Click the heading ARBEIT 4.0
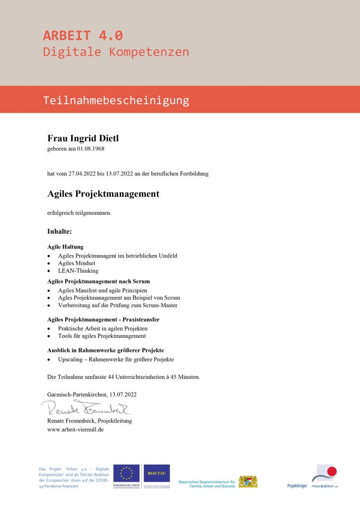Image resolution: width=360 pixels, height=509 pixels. pyautogui.click(x=83, y=36)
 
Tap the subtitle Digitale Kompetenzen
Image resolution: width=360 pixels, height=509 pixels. pyautogui.click(x=116, y=52)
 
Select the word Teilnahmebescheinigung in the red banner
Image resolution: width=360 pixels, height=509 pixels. pyautogui.click(x=116, y=100)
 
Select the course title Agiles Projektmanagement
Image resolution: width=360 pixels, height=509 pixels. pyautogui.click(x=103, y=194)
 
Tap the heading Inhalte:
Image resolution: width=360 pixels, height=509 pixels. pyautogui.click(x=60, y=232)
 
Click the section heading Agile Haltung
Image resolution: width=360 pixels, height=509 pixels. pyautogui.click(x=66, y=247)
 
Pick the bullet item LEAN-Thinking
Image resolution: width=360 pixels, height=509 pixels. pyautogui.click(x=78, y=271)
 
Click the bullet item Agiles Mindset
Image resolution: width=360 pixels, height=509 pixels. pyautogui.click(x=77, y=263)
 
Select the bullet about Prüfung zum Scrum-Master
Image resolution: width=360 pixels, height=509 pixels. pyautogui.click(x=117, y=305)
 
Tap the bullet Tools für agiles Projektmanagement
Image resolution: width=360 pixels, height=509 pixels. pyautogui.click(x=101, y=336)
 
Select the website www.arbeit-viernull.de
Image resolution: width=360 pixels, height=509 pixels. pyautogui.click(x=75, y=429)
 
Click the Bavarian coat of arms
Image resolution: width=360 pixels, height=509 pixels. pyautogui.click(x=248, y=481)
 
